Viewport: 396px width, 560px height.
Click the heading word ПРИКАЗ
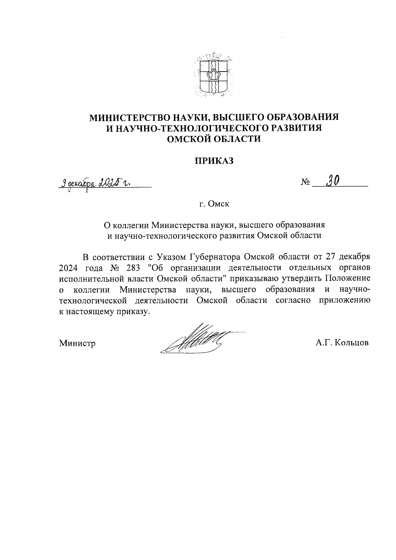coord(214,161)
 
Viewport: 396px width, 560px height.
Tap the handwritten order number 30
coord(333,181)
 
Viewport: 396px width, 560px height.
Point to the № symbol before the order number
coord(305,182)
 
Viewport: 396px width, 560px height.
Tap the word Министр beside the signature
coord(78,344)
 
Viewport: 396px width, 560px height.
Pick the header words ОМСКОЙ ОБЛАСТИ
coord(214,139)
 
